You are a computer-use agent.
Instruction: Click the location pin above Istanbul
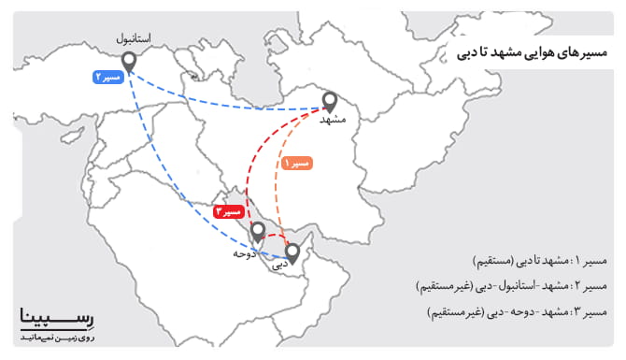[130, 62]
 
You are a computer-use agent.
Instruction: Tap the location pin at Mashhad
[329, 101]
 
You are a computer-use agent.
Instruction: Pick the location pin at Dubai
[293, 252]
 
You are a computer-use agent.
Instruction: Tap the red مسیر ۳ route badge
[230, 212]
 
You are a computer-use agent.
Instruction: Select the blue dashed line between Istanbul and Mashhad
[224, 101]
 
